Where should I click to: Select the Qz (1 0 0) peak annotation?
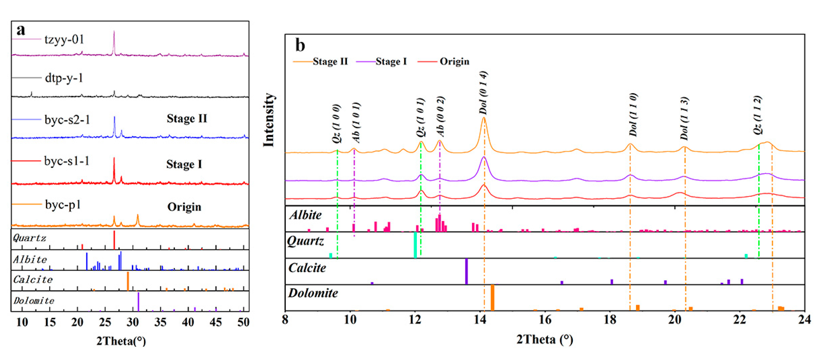point(337,123)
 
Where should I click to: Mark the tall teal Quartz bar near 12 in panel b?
point(415,245)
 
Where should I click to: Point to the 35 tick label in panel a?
point(160,322)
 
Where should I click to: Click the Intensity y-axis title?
point(269,120)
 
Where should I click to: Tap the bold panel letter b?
point(300,45)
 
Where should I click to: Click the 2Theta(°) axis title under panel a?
point(121,341)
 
